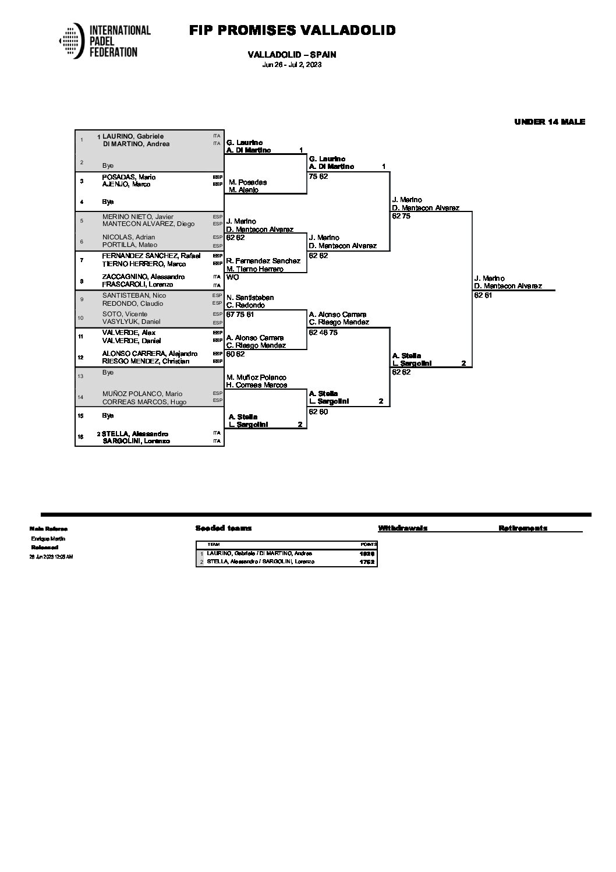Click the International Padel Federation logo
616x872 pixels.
pos(105,41)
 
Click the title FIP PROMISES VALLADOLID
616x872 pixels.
pos(292,30)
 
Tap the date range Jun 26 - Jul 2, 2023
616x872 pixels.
pos(292,65)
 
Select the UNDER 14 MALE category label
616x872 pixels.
pos(550,122)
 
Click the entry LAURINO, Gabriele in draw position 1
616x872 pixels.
pos(133,136)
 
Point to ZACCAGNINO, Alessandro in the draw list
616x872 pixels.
pos(143,277)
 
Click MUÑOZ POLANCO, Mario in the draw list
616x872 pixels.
pos(142,394)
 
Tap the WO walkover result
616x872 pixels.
pos(232,277)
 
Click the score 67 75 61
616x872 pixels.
pos(240,315)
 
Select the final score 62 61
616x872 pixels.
pos(483,295)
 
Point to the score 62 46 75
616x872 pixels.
pos(323,333)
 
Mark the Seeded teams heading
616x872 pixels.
pos(224,528)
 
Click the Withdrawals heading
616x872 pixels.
pos(402,528)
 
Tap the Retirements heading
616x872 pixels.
pos(522,528)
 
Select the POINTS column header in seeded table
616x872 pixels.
pos(369,544)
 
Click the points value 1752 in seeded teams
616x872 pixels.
pos(367,562)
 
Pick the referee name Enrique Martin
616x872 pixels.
pos(48,539)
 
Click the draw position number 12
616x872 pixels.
pos(82,358)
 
